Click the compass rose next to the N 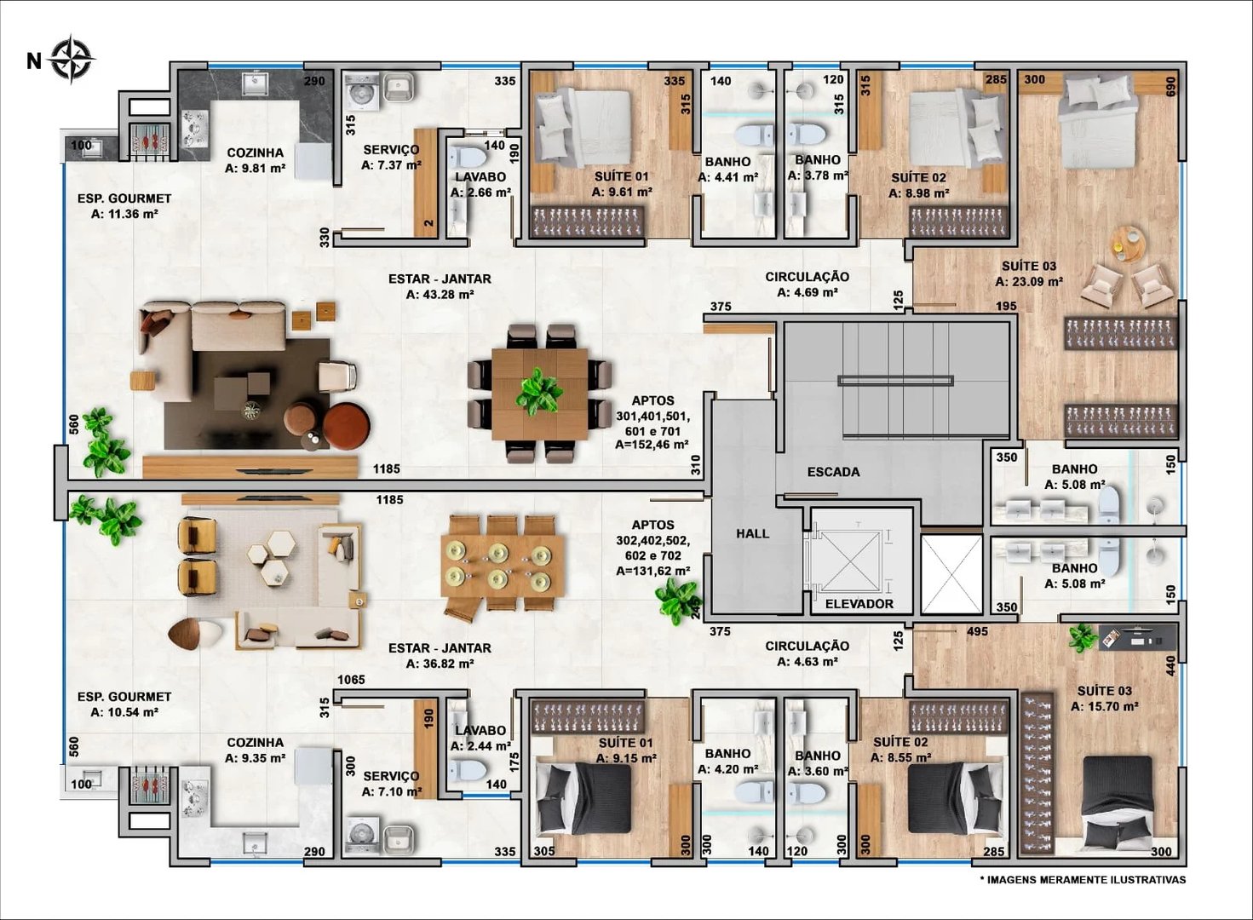click(72, 60)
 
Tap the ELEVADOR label click(859, 604)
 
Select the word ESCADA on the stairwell click(833, 472)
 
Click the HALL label click(752, 534)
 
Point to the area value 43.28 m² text click(440, 295)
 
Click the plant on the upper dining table click(538, 392)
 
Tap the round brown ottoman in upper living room click(346, 424)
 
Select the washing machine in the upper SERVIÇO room click(363, 89)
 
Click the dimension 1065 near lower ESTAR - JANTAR click(351, 680)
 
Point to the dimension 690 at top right click(1170, 87)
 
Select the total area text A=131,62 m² click(652, 572)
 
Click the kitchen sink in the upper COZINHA click(254, 83)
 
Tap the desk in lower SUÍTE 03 click(1138, 635)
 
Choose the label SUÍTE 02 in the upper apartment click(918, 178)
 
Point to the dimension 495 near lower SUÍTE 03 click(977, 631)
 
